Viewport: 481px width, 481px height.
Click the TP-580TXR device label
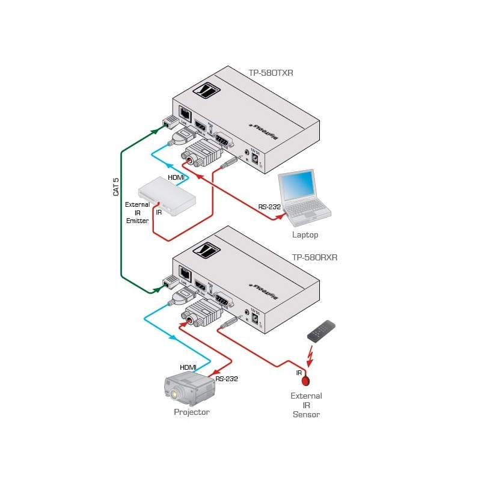(x=271, y=73)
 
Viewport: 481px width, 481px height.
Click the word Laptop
(x=305, y=235)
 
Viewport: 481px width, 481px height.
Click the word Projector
(x=192, y=412)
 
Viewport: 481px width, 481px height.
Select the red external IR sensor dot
(x=306, y=381)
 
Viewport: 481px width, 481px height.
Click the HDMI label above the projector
(x=188, y=367)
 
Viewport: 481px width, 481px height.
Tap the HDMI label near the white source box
(x=176, y=177)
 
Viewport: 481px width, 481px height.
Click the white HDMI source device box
(x=167, y=197)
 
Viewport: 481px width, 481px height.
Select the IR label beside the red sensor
(x=299, y=373)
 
